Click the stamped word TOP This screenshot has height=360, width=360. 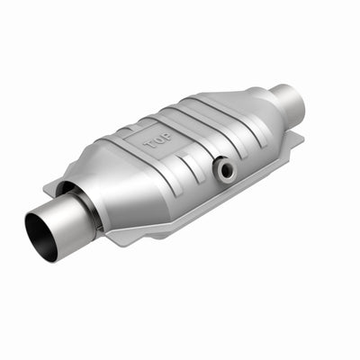[158, 141]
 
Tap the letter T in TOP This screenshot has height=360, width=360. [150, 144]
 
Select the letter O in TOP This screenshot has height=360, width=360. [159, 141]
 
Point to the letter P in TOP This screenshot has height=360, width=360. [167, 138]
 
